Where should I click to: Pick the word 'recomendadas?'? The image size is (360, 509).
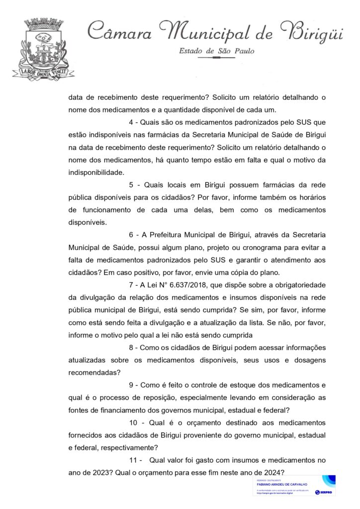point(98,372)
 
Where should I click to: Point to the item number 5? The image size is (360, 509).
point(130,185)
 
